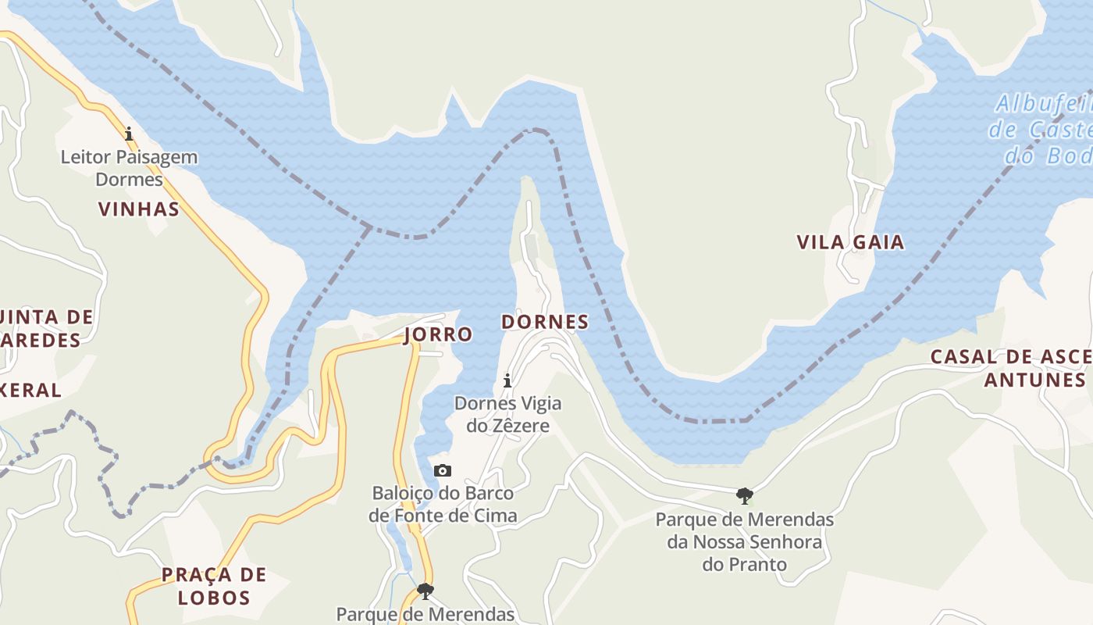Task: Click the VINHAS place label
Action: (x=139, y=209)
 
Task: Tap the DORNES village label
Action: (x=545, y=322)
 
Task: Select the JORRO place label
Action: (x=438, y=334)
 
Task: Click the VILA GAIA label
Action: (x=850, y=242)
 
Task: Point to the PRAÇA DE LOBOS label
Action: (x=213, y=586)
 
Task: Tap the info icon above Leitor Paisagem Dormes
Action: (x=129, y=134)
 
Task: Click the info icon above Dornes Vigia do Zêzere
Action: (x=507, y=380)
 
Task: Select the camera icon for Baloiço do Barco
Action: (x=443, y=470)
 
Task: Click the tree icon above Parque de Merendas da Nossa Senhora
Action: (x=744, y=495)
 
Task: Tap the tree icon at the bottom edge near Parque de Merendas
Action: (x=425, y=591)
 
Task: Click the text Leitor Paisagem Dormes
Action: (x=129, y=168)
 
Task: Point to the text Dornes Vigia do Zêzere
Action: (x=507, y=414)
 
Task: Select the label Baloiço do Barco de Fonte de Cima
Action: (x=443, y=504)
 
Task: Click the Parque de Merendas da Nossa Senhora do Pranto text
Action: (x=744, y=541)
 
